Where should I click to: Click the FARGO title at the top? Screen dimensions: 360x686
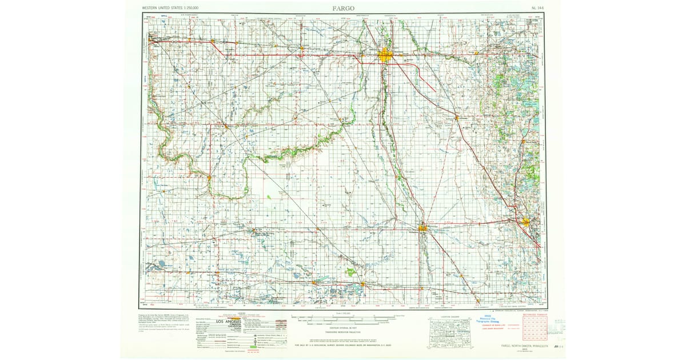point(343,8)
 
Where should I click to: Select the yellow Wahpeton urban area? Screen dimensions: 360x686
point(423,229)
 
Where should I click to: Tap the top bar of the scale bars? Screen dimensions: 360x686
point(343,317)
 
